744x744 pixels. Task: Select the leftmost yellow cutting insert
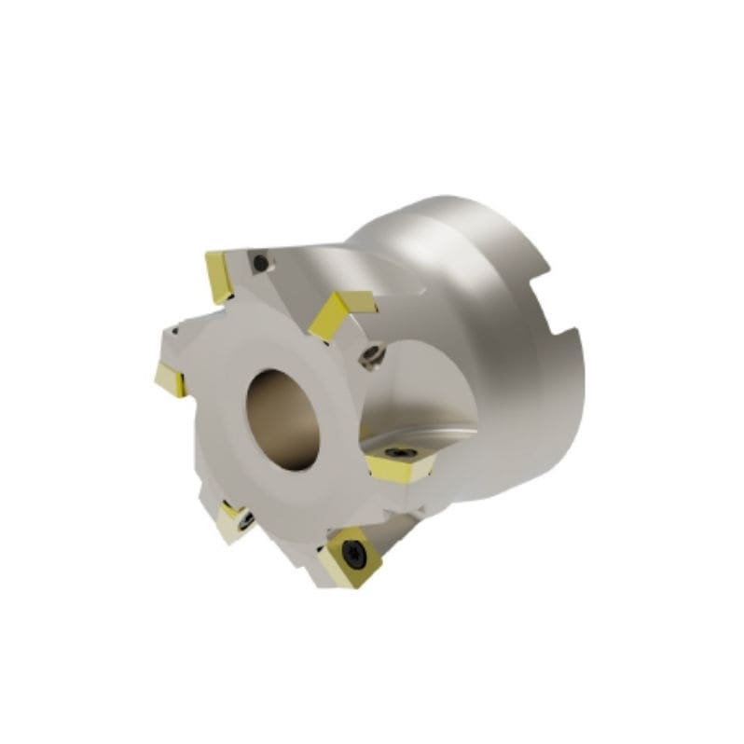[x=171, y=379]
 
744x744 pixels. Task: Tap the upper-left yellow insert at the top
[x=220, y=276]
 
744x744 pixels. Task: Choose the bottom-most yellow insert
[x=348, y=558]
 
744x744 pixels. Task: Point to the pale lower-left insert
[x=233, y=520]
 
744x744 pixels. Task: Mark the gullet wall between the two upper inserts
[x=289, y=280]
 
